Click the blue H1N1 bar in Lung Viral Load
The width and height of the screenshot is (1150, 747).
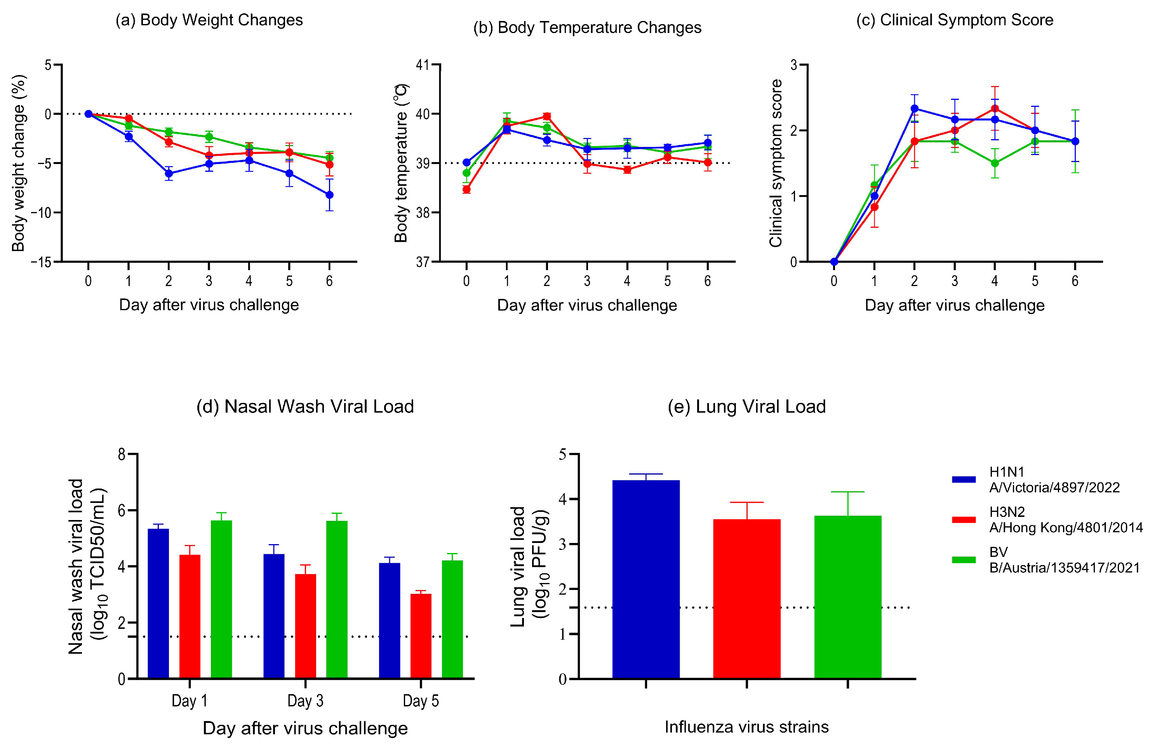[x=645, y=579]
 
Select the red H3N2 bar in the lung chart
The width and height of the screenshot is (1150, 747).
[x=746, y=599]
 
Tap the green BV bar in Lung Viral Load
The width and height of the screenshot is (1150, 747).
[x=847, y=597]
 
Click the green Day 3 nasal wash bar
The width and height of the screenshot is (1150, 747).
[x=337, y=600]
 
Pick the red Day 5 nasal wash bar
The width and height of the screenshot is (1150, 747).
[x=421, y=636]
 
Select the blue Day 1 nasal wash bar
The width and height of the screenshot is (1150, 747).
[x=158, y=604]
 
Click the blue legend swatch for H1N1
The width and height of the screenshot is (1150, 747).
[x=964, y=480]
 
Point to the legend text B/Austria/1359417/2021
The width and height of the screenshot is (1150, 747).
[x=1065, y=567]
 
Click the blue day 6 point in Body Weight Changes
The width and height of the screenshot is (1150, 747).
[x=329, y=195]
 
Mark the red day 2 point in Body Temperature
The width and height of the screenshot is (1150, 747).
[x=546, y=116]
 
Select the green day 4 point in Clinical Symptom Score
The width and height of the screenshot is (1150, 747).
[x=995, y=163]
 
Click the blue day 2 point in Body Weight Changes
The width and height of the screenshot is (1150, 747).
[x=169, y=174]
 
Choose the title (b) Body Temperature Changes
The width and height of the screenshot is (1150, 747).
[x=587, y=28]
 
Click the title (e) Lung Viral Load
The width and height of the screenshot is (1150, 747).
[x=746, y=407]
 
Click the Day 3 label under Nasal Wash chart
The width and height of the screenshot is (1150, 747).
[x=305, y=701]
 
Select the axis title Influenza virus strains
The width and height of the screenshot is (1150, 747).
[x=746, y=727]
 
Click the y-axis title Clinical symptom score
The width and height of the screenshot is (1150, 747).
[x=776, y=163]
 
